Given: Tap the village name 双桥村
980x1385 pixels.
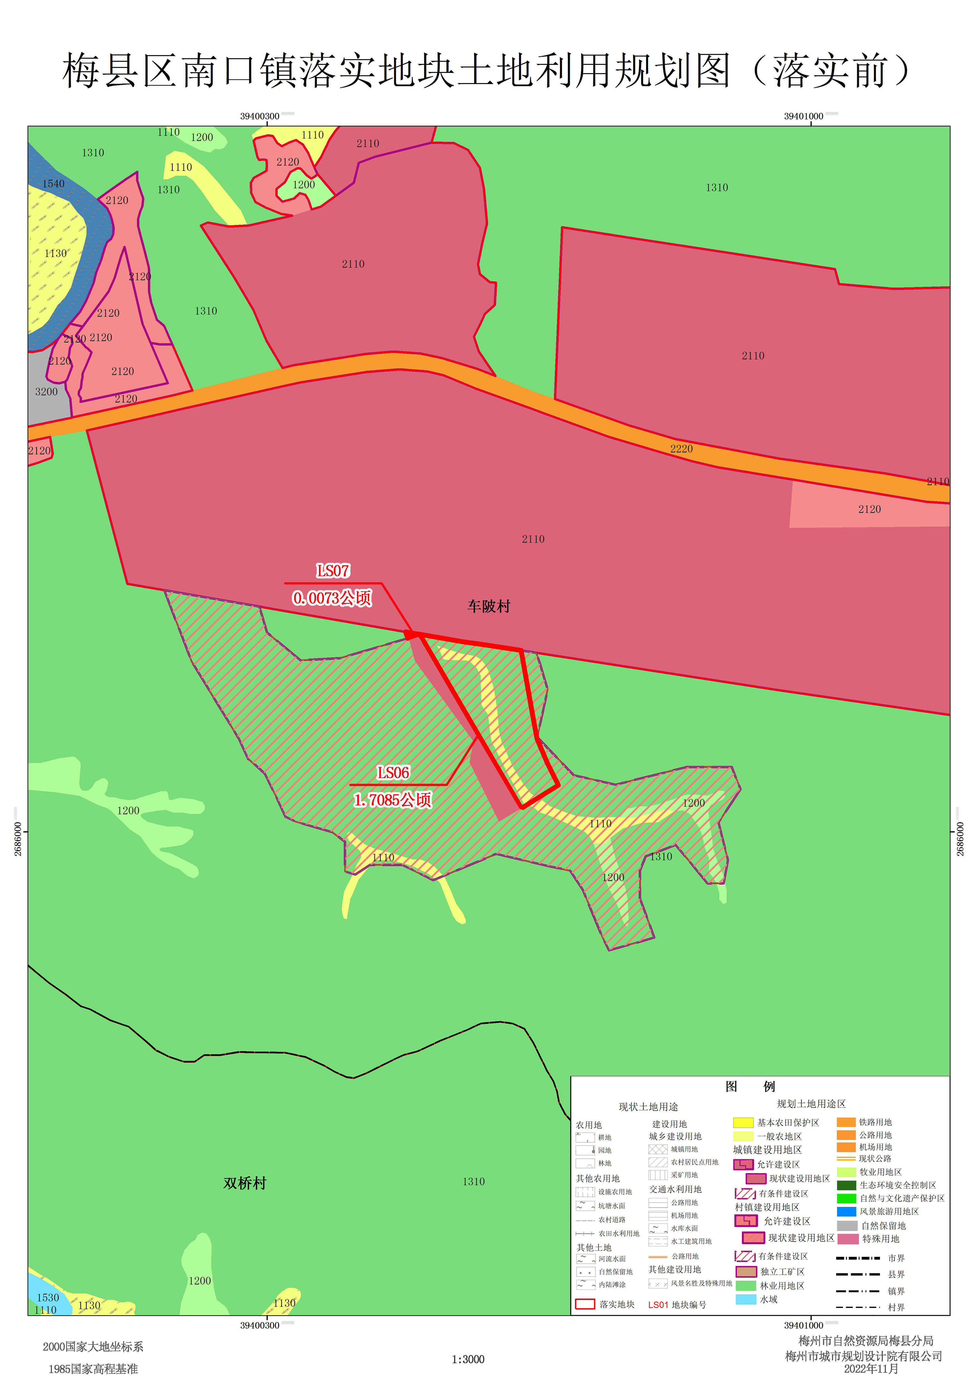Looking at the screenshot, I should (244, 1183).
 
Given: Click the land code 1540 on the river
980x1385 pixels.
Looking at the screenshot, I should (53, 183).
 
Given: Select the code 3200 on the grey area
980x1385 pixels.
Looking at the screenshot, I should (46, 392).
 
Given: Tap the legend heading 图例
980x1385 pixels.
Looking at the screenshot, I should (750, 1087).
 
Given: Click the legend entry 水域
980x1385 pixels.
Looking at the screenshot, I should (768, 1299).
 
